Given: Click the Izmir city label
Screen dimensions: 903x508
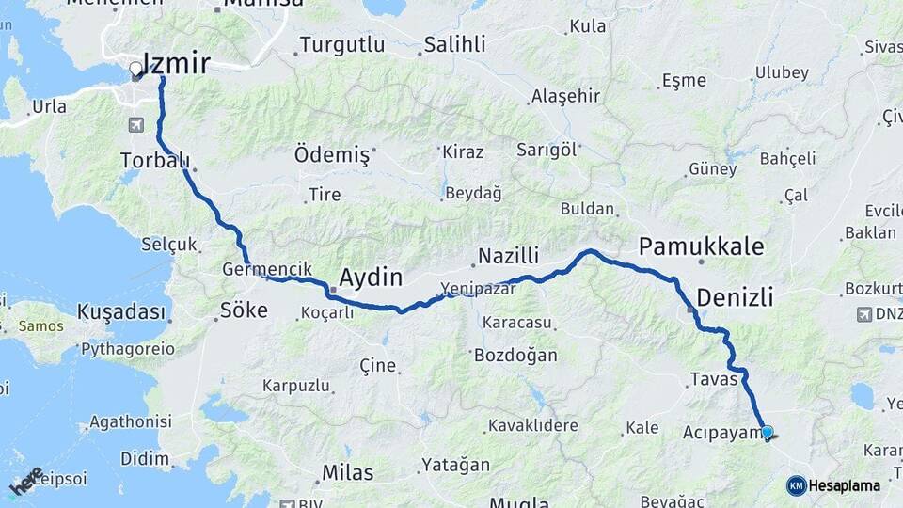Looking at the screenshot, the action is (176, 63).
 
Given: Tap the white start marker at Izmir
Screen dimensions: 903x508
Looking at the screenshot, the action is (135, 69).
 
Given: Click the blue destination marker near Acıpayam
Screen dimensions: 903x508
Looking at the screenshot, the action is (767, 433).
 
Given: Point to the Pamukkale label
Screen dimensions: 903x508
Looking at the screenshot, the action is (701, 247).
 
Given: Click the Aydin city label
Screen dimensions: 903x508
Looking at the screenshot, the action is (371, 278).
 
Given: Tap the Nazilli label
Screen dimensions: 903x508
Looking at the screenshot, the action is (508, 256).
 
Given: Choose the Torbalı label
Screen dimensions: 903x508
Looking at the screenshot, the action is (155, 161).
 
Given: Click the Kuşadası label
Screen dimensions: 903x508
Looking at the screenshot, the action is (121, 311).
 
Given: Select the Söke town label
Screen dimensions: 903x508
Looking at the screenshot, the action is (244, 310).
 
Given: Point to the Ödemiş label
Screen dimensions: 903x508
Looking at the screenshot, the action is (332, 154).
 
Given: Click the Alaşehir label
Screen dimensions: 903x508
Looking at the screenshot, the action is (565, 96).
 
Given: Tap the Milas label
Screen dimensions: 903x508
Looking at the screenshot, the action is (347, 472).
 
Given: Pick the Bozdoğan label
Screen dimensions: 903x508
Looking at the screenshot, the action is (515, 356).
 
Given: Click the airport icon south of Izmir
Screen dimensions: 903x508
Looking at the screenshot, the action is (137, 124).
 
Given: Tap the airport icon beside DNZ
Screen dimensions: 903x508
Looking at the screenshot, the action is (864, 313).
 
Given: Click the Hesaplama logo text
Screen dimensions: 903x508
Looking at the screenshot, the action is (844, 486).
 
